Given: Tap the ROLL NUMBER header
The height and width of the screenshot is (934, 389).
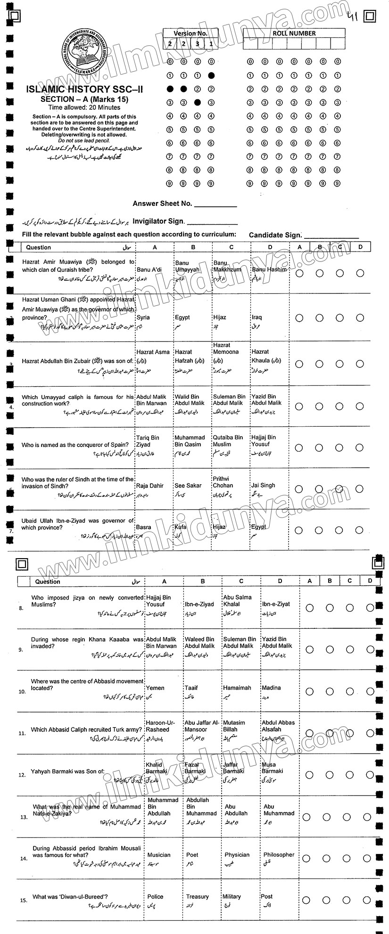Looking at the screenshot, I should pyautogui.click(x=294, y=33).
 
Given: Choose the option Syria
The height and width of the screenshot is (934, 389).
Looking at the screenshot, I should pyautogui.click(x=143, y=317).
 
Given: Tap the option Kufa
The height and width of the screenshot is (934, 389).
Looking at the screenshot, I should pyautogui.click(x=181, y=527).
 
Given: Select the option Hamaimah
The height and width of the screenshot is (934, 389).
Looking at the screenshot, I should pyautogui.click(x=237, y=688).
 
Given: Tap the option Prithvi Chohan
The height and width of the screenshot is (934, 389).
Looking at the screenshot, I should pyautogui.click(x=223, y=482).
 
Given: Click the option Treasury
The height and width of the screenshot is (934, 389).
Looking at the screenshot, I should pyautogui.click(x=197, y=897).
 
